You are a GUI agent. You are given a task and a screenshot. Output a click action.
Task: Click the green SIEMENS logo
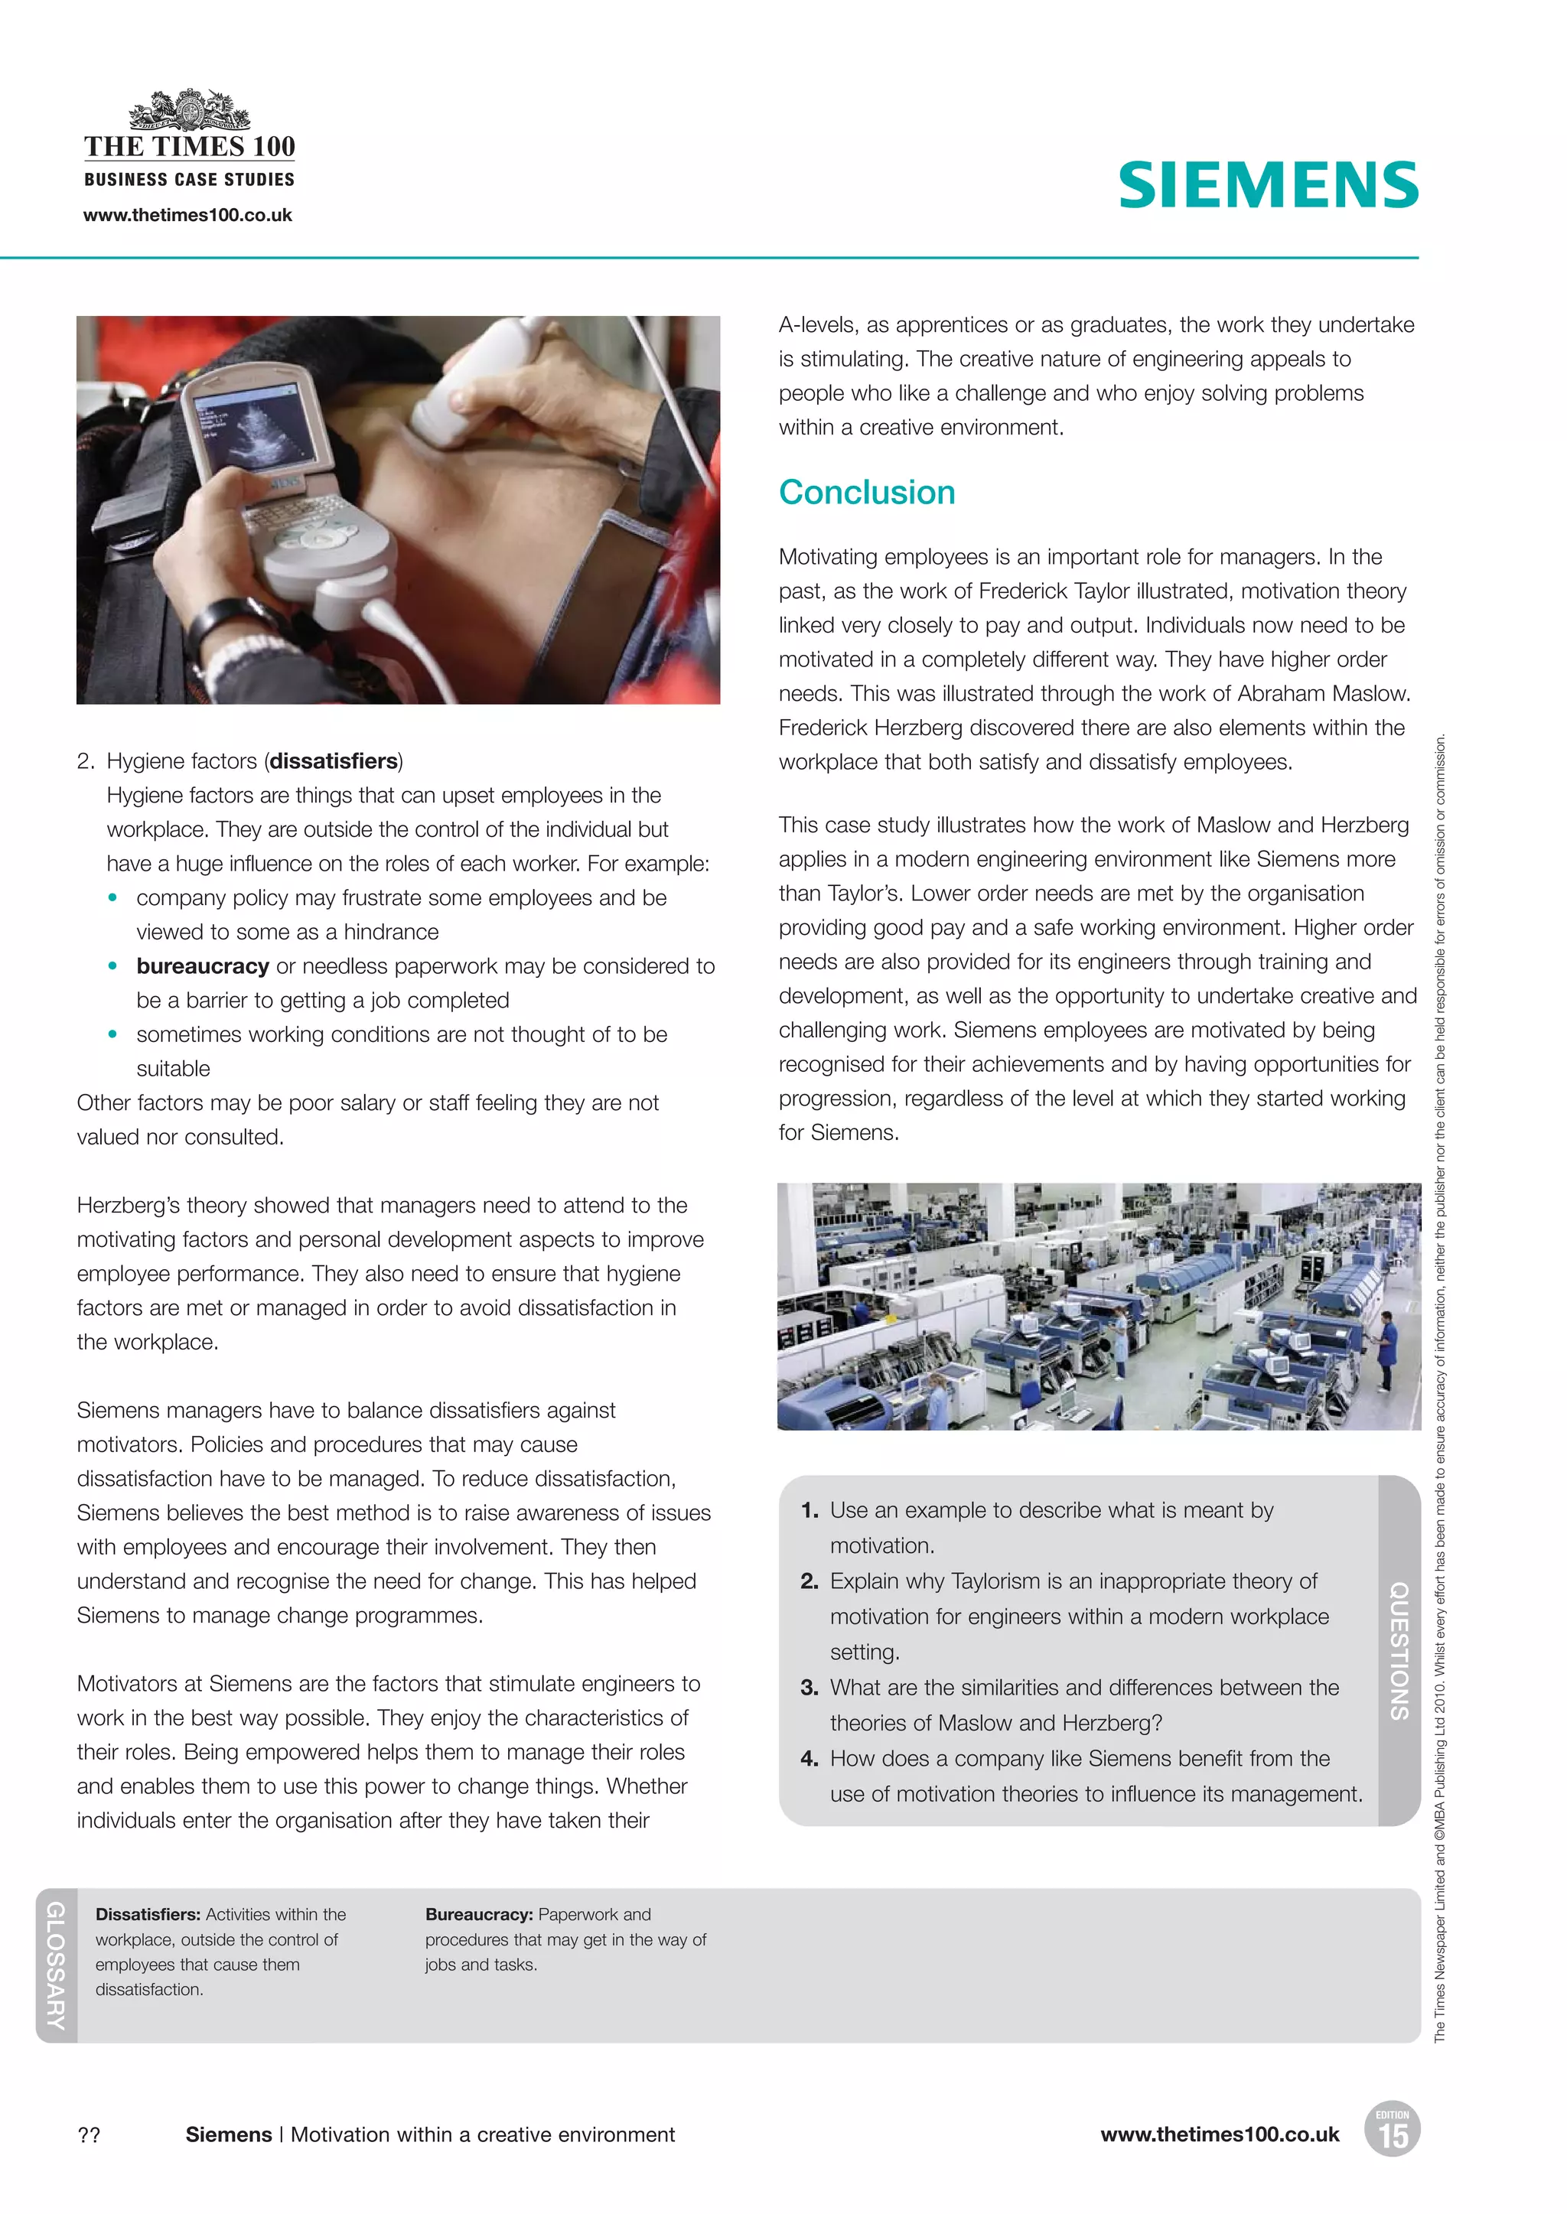tap(1268, 185)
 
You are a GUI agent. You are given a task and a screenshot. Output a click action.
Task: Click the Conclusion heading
tap(866, 492)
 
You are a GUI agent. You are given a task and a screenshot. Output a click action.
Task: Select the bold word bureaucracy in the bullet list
tap(203, 965)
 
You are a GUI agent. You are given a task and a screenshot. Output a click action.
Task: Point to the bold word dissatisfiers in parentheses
tap(334, 761)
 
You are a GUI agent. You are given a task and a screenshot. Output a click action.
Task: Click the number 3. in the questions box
tap(809, 1687)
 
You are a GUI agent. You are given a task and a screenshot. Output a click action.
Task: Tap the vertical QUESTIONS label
tap(1398, 1651)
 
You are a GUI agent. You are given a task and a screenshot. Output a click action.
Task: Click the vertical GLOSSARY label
tap(56, 1965)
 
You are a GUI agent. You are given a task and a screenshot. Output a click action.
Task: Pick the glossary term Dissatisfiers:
tap(148, 1914)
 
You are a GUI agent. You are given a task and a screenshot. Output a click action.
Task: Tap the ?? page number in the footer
tap(89, 2135)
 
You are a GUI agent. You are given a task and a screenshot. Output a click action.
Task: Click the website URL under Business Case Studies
tap(187, 215)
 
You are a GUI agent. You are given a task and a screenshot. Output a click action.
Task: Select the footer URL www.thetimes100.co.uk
tap(1220, 2135)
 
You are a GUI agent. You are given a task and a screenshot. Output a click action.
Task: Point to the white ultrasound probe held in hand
tap(468, 386)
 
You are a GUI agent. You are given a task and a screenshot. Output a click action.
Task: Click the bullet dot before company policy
tap(113, 897)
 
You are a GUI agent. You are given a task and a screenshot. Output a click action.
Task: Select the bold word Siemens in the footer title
tap(229, 2135)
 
